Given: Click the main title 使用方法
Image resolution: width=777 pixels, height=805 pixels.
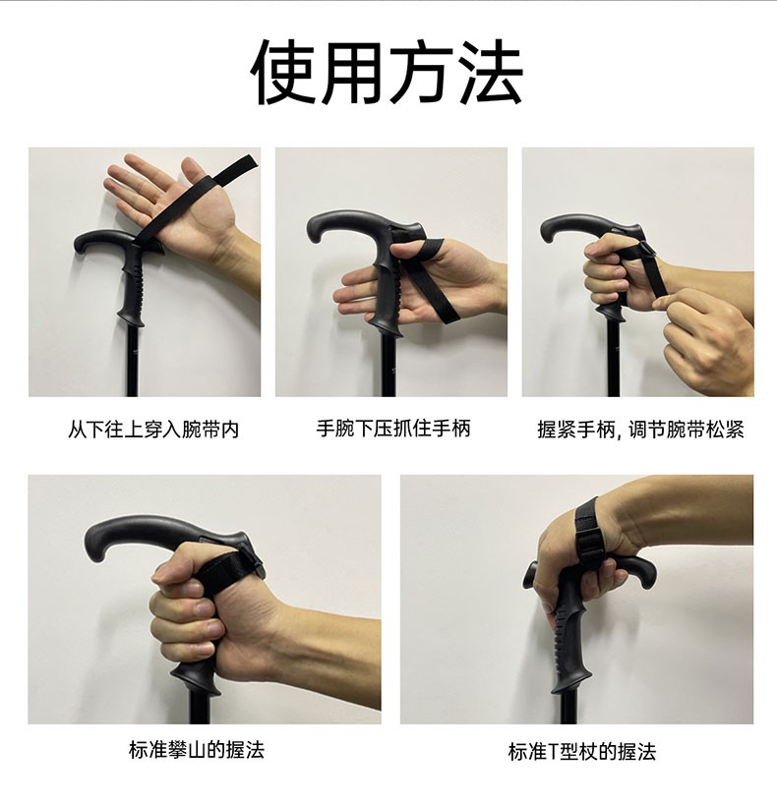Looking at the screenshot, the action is pos(388,72).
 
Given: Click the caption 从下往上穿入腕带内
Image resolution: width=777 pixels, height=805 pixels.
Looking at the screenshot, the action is pos(153,430).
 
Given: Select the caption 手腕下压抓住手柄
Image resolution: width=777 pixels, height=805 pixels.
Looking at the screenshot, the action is pos(393,429).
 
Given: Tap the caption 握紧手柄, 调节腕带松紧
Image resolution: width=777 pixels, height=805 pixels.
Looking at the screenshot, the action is pos(640,430).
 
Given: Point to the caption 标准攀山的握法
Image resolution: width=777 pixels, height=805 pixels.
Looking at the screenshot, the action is pos(197,750).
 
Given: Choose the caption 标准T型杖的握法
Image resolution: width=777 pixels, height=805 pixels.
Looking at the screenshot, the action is pos(581,752).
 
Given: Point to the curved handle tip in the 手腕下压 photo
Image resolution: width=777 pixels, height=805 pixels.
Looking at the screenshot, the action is pos(316,231).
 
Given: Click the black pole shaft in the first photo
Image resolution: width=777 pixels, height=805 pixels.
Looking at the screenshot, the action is pos(132,361).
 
